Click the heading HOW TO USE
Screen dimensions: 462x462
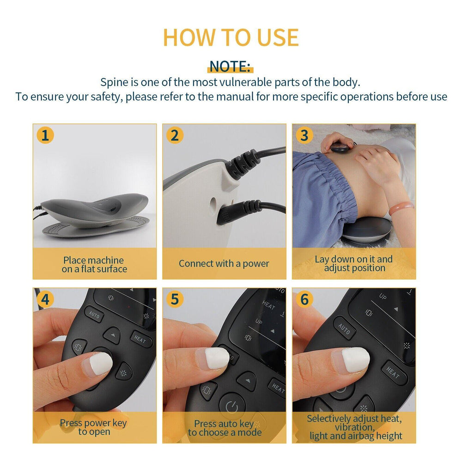point(231,37)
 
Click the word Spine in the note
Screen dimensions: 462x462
point(113,83)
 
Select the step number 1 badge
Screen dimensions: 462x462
point(45,135)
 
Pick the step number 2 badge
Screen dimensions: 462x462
point(175,135)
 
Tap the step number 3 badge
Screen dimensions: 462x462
point(304,135)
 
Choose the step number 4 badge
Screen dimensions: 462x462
point(45,299)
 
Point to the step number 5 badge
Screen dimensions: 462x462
point(175,299)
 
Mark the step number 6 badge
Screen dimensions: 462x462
point(304,299)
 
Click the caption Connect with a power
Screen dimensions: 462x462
point(224,264)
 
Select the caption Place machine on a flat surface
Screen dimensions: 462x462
point(94,264)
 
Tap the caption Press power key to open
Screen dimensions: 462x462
point(94,427)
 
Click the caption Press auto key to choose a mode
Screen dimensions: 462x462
point(225,428)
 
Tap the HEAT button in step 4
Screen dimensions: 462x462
point(140,340)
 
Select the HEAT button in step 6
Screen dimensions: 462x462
point(394,373)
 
